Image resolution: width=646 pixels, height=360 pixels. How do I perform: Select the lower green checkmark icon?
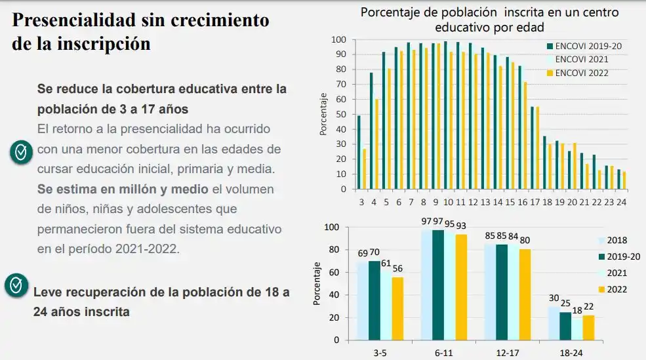click(14, 285)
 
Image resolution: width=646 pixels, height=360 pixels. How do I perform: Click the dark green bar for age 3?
click(359, 152)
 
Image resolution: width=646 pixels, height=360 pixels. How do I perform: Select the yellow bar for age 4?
click(376, 144)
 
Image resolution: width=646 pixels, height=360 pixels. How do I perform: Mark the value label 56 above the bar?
click(398, 268)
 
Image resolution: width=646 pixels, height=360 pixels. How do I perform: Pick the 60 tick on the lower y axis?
click(333, 272)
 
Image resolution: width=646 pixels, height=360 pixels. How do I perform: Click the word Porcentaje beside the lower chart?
click(317, 283)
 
